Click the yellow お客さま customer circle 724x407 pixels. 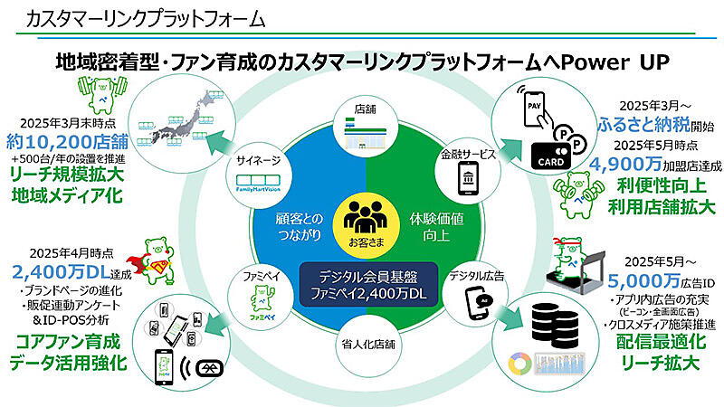click(x=366, y=224)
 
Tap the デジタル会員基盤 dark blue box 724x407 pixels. click(x=366, y=285)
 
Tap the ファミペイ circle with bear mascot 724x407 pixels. click(x=262, y=287)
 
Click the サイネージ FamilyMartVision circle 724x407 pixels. click(x=262, y=172)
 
